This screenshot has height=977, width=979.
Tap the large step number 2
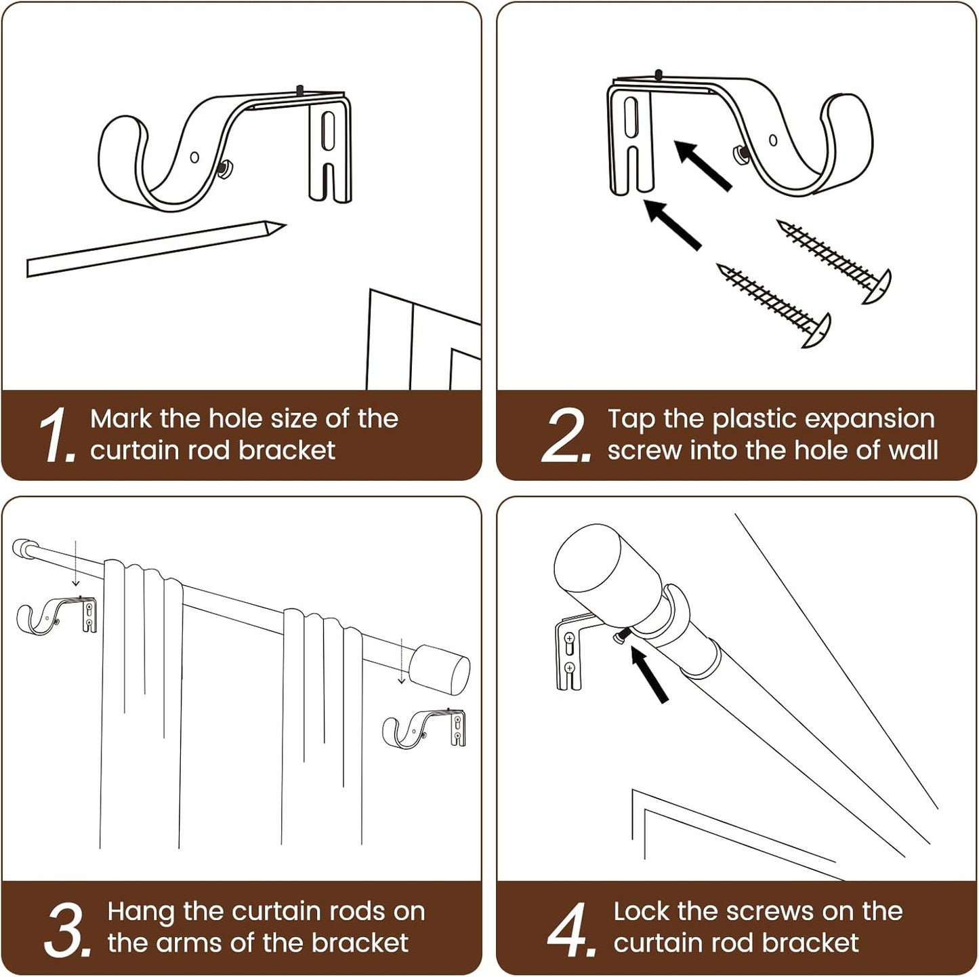pyautogui.click(x=566, y=436)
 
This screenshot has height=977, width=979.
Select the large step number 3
pyautogui.click(x=66, y=929)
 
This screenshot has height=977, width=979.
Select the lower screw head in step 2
pyautogui.click(x=818, y=330)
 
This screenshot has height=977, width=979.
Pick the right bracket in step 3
pyautogui.click(x=424, y=729)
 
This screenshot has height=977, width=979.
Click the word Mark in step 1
pyautogui.click(x=121, y=419)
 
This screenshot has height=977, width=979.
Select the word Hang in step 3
pyautogui.click(x=140, y=912)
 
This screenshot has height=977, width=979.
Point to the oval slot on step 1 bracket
pyautogui.click(x=328, y=130)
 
